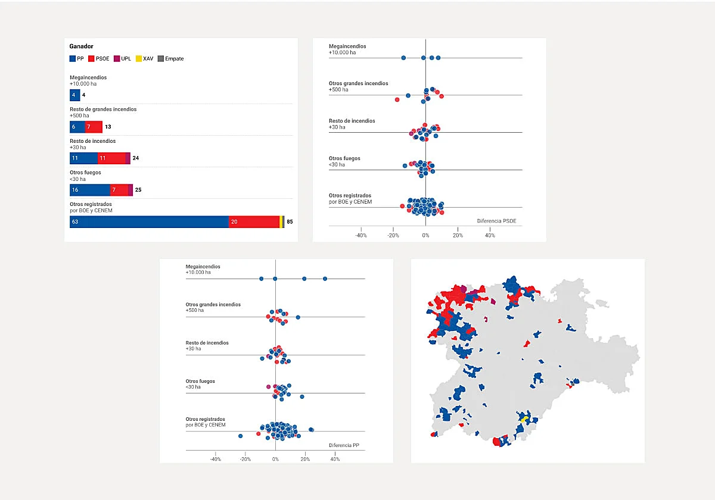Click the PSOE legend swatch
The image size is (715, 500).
point(91,59)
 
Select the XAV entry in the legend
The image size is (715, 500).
point(148,59)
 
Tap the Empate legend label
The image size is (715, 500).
point(174,59)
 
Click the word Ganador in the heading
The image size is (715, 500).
point(81,46)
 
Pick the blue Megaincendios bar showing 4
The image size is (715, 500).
point(74,95)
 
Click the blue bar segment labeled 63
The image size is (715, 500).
point(149,222)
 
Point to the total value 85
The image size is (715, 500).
point(290,222)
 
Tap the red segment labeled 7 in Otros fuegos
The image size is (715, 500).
point(119,190)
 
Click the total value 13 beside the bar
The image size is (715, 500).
point(108,127)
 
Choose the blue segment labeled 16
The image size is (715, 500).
point(89,190)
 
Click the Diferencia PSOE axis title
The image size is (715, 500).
point(496,221)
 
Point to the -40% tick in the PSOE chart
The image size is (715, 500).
point(361,236)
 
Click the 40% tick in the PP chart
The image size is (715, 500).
point(335,460)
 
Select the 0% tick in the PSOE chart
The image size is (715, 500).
point(425,236)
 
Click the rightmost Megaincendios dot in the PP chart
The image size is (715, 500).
point(325,279)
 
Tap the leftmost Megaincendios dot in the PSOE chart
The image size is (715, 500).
point(403,58)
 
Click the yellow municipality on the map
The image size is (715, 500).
point(524,420)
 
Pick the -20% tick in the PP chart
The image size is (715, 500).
point(245,460)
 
